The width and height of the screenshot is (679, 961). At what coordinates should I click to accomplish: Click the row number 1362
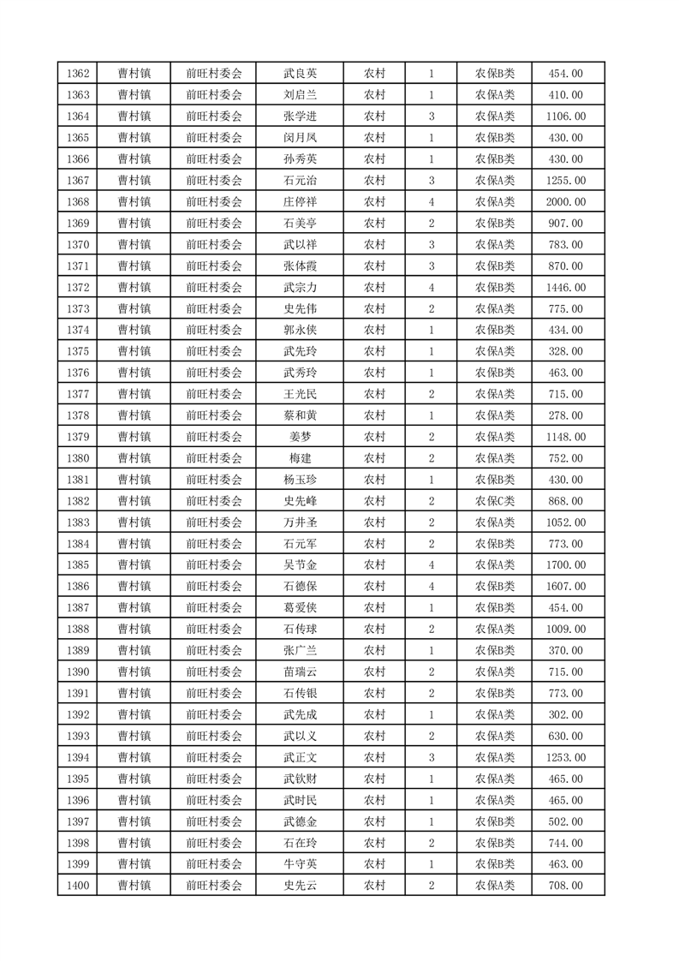tap(78, 74)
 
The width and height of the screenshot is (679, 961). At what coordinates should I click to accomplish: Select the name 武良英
tap(300, 74)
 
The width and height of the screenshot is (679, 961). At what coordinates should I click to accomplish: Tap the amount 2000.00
tap(566, 202)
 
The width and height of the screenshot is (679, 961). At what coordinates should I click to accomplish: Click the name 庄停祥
tap(300, 202)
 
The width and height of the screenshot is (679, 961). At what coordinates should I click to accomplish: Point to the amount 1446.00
tap(566, 288)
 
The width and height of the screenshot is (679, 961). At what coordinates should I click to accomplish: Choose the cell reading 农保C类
tap(495, 501)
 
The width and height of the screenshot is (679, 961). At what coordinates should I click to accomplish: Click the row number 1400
tap(78, 886)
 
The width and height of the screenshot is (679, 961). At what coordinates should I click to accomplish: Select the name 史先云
tap(300, 886)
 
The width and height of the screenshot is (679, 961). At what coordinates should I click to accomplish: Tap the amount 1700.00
tap(566, 565)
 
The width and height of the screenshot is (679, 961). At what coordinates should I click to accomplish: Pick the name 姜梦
tap(300, 437)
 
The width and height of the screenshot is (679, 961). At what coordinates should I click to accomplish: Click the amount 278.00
tap(566, 415)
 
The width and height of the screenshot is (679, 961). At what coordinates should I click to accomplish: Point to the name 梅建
tap(300, 458)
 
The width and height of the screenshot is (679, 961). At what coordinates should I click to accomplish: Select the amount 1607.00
tap(566, 587)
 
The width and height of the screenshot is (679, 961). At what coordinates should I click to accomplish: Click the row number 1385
tap(78, 565)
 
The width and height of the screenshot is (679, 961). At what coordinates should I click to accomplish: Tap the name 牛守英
tap(300, 864)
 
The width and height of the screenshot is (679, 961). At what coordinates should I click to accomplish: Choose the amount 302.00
tap(566, 714)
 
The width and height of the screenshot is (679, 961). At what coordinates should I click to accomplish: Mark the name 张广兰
tap(300, 651)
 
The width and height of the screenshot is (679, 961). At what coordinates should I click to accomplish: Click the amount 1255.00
tap(566, 181)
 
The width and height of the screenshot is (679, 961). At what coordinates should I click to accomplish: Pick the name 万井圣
tap(300, 522)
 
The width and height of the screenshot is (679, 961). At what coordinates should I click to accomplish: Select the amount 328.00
tap(566, 351)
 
